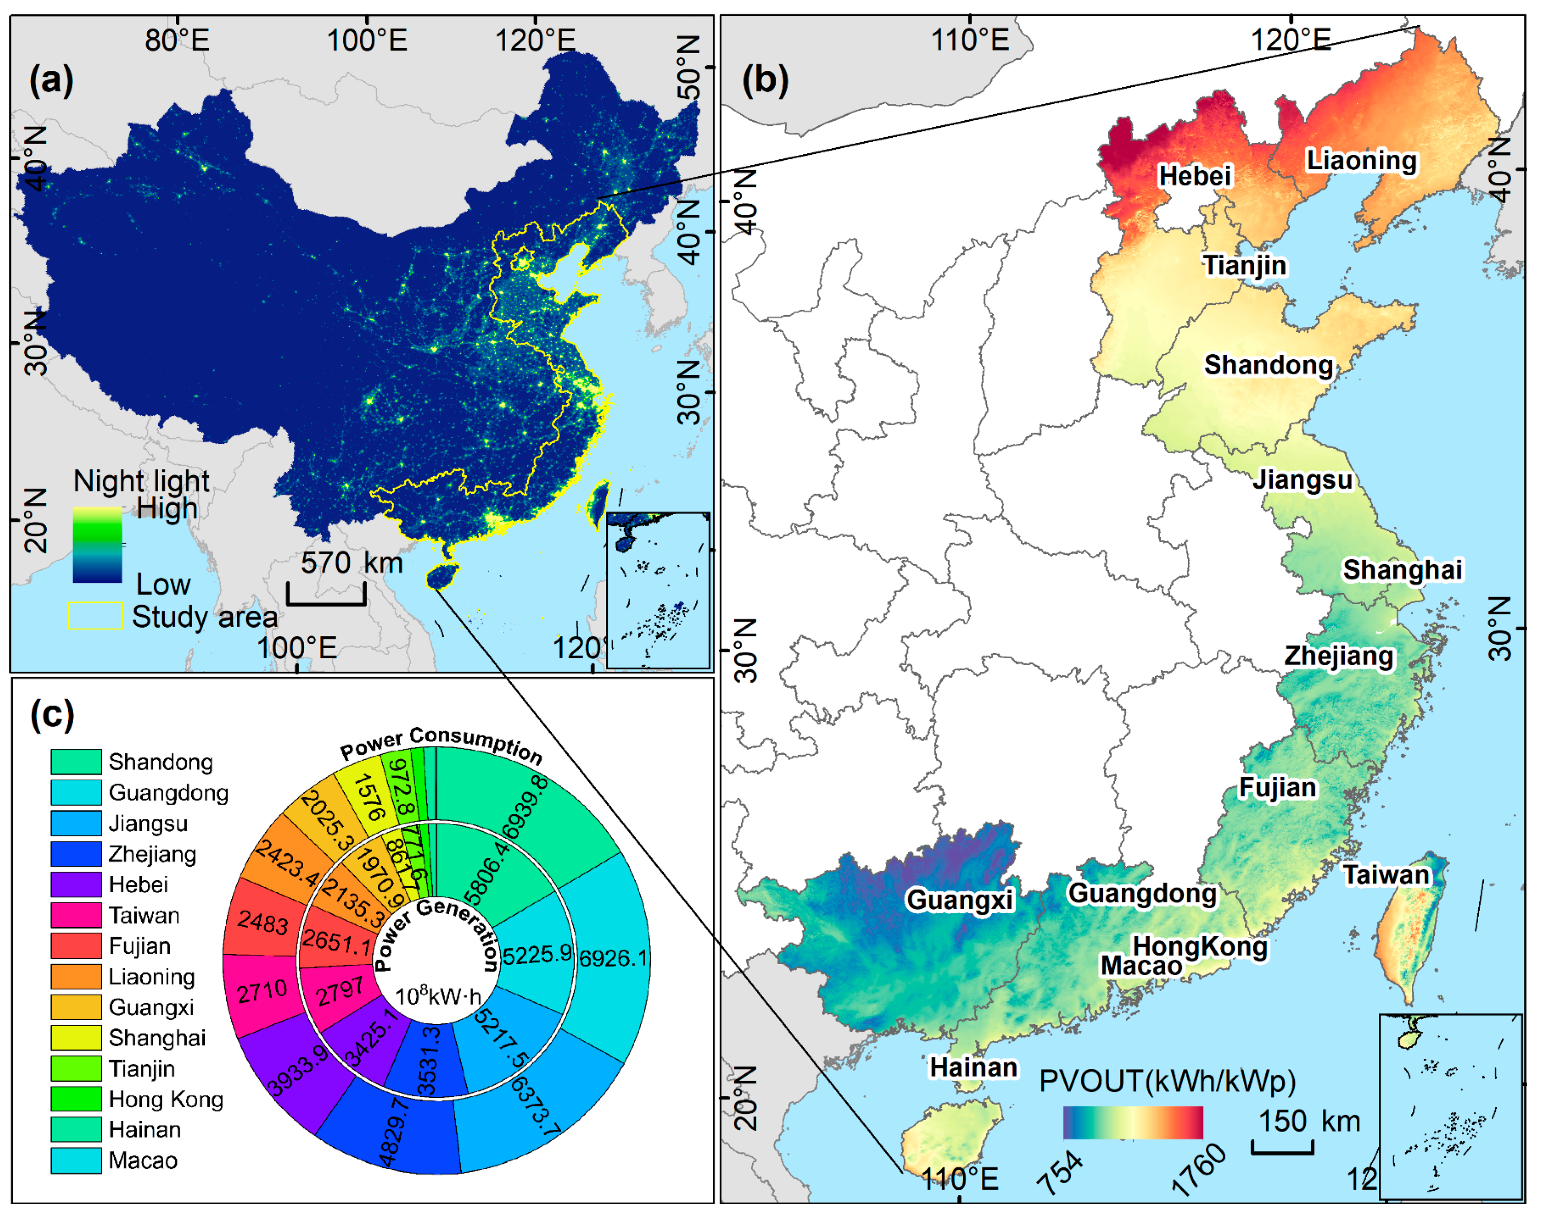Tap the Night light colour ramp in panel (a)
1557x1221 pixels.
tap(97, 545)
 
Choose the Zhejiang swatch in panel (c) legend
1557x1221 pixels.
tap(76, 854)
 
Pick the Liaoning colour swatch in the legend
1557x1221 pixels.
tap(76, 977)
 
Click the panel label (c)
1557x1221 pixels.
tap(52, 715)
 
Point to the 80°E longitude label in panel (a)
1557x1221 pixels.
tap(177, 40)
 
